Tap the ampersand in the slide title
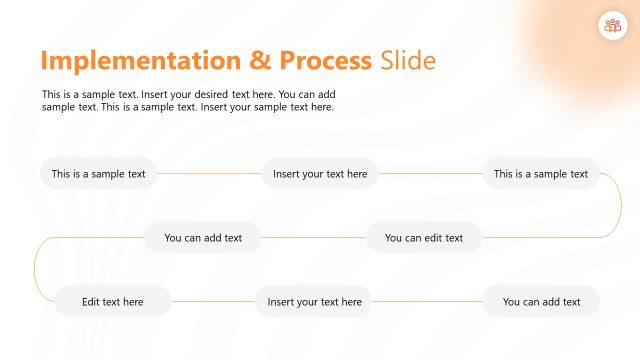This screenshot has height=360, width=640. pyautogui.click(x=259, y=60)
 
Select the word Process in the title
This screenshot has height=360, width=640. pyautogui.click(x=325, y=60)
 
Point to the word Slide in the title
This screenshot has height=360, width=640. pyautogui.click(x=408, y=60)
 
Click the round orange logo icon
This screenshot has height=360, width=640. pyautogui.click(x=611, y=27)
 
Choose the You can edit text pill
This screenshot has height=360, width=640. pyautogui.click(x=424, y=238)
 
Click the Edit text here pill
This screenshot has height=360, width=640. pyautogui.click(x=112, y=301)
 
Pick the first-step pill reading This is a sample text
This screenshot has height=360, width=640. pyautogui.click(x=98, y=174)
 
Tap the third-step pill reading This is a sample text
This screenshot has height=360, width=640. pyautogui.click(x=541, y=174)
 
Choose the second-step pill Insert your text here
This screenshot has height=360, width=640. pyautogui.click(x=320, y=174)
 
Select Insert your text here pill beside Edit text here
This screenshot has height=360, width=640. pyautogui.click(x=314, y=301)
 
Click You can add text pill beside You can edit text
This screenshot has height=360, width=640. pyautogui.click(x=203, y=238)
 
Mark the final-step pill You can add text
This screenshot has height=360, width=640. pyautogui.click(x=541, y=301)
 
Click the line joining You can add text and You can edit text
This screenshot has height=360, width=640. pyautogui.click(x=313, y=238)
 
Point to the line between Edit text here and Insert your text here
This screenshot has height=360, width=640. pyautogui.click(x=212, y=301)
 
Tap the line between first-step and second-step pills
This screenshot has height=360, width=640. pyautogui.click(x=209, y=174)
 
